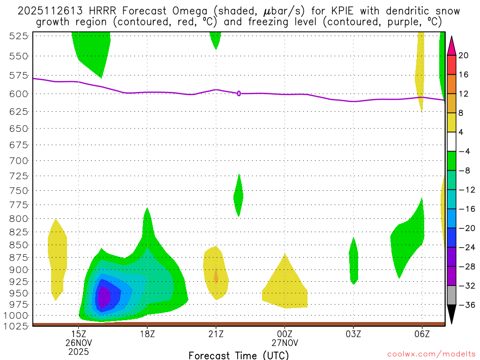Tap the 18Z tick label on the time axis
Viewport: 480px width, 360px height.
(147, 334)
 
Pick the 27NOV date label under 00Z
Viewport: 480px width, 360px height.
(285, 343)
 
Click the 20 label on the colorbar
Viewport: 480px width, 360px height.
(464, 55)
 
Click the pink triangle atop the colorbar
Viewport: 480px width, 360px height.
(451, 45)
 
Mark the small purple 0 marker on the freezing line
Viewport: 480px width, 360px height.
(239, 93)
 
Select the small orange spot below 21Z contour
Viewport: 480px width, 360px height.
(216, 276)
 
